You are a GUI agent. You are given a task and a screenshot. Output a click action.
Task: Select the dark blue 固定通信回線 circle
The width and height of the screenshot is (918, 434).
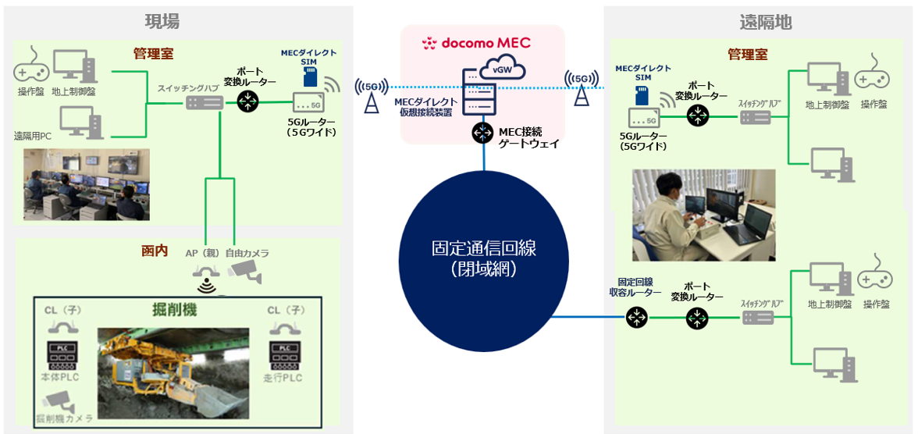(x=483, y=258)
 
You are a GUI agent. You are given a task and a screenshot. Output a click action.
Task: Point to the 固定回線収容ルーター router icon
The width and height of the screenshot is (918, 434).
(x=636, y=318)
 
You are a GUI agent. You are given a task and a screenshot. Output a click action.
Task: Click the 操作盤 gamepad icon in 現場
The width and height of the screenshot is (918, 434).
(x=31, y=72)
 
